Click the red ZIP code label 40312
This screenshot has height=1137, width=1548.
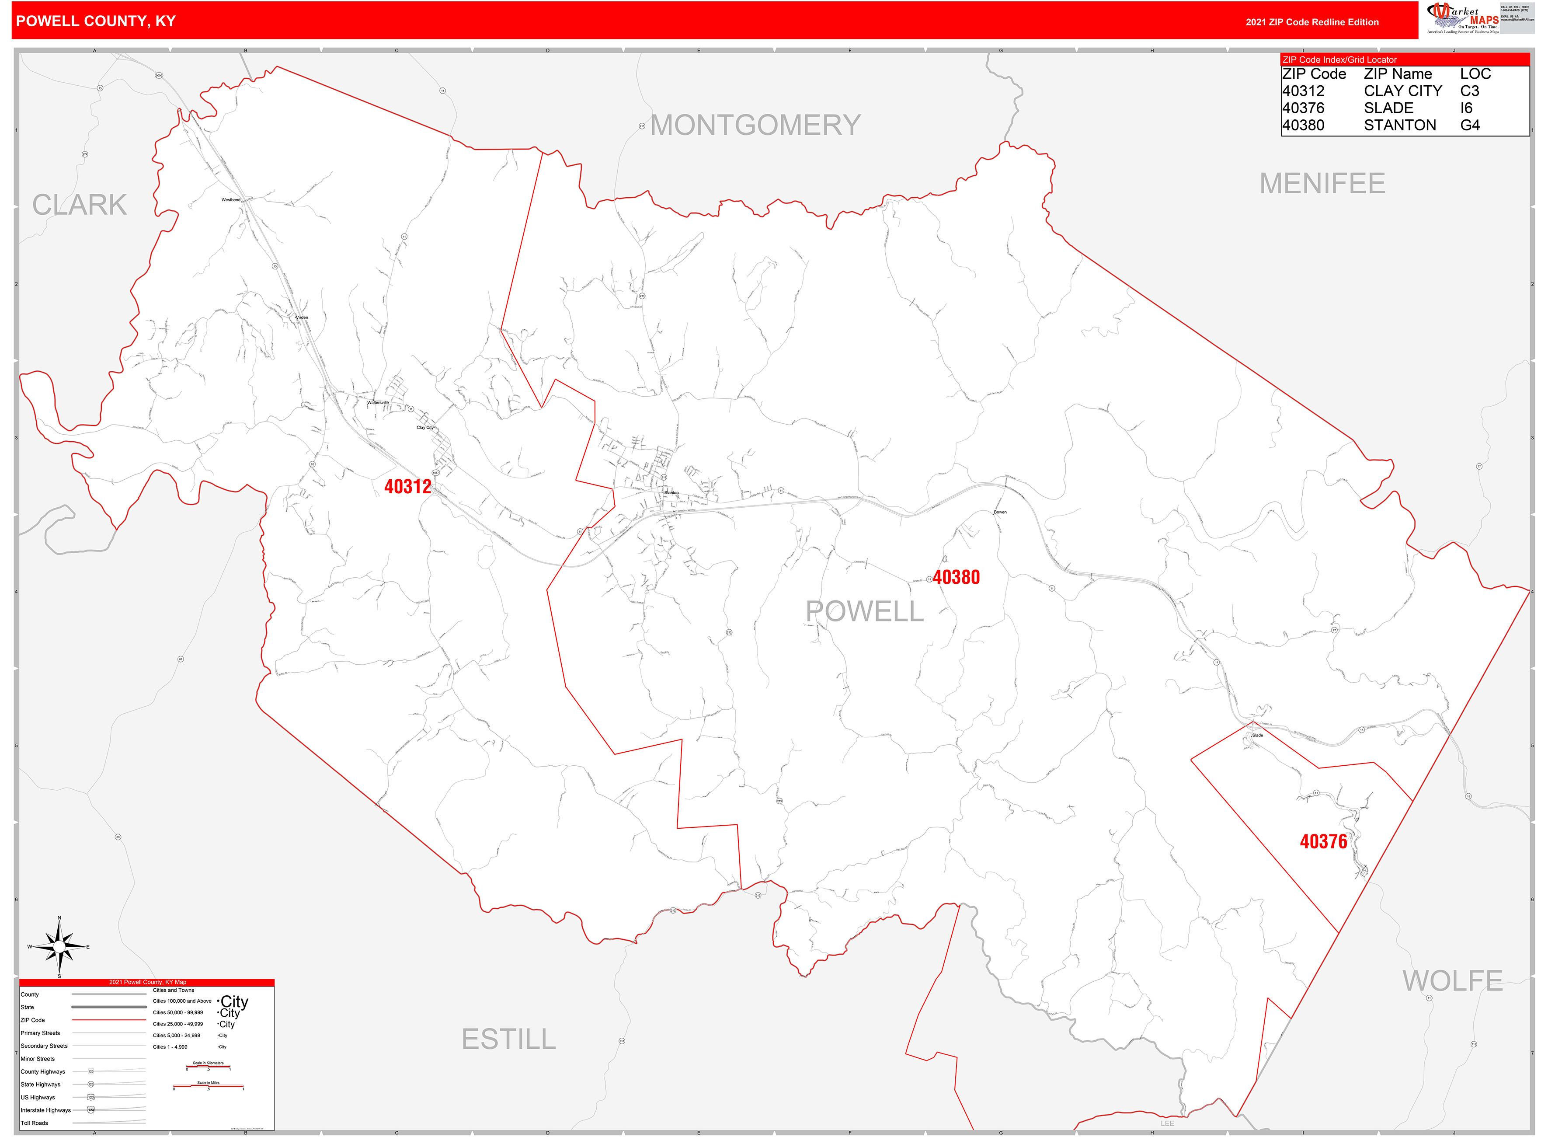pos(407,487)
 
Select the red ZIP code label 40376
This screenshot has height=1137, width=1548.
pos(1323,841)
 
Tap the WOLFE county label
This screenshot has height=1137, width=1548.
pos(1452,981)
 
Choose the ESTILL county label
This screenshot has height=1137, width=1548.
pos(508,1039)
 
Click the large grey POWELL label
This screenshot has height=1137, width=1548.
pos(864,611)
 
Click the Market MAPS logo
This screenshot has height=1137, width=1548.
pos(1463,18)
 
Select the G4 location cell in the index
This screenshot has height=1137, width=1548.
pos(1470,125)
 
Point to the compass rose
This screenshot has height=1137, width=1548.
pos(59,947)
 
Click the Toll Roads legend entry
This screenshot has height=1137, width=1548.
pos(35,1123)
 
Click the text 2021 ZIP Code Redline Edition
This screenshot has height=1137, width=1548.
pos(1311,22)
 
